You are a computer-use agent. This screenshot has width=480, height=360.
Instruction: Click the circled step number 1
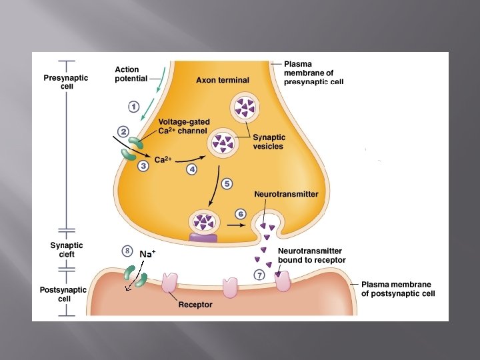tap(133, 106)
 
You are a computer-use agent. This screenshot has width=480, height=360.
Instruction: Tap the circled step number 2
tap(123, 132)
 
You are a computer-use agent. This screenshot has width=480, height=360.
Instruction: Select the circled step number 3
tap(143, 167)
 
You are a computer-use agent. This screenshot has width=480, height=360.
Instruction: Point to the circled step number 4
tap(192, 169)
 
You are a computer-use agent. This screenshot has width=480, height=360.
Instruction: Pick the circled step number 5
tap(227, 183)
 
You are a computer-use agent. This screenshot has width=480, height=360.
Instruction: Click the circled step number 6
tap(241, 213)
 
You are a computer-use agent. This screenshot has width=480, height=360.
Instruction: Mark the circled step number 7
tap(259, 275)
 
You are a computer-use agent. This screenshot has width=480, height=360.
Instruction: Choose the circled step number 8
tap(127, 251)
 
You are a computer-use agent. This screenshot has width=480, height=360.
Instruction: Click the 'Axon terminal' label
tap(223, 80)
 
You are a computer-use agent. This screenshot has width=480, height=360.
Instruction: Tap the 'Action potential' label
tap(131, 74)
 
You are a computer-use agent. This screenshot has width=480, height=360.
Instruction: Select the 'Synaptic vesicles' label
tap(269, 142)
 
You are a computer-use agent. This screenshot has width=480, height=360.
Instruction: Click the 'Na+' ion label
tap(147, 254)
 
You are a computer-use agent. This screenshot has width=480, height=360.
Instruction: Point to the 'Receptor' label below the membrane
tap(195, 305)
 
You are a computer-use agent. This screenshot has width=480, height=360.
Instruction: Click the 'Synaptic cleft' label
tap(67, 249)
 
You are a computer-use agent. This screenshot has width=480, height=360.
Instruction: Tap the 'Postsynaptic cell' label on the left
tap(63, 294)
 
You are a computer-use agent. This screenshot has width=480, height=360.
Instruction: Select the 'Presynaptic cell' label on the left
tap(65, 82)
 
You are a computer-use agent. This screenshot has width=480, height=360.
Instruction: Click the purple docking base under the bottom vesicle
tap(203, 236)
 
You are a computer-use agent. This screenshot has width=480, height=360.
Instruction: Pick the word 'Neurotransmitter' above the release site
tap(286, 194)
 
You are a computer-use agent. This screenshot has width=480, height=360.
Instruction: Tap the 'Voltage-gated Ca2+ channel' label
tap(183, 126)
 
